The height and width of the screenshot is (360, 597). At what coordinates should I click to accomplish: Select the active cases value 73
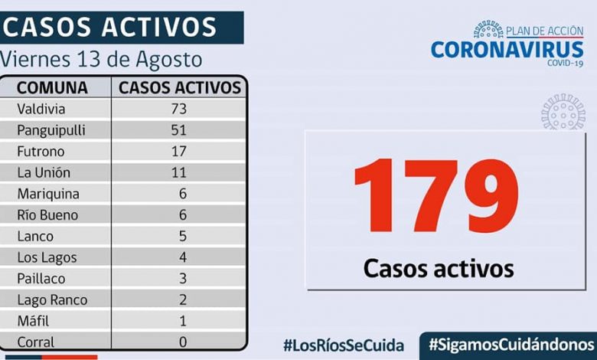pos(179,109)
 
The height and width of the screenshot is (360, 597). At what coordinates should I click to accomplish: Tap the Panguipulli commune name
pos(51,130)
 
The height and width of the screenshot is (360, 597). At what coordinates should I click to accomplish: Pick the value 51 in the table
pos(179,130)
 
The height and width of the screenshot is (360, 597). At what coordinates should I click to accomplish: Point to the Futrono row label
pos(40,152)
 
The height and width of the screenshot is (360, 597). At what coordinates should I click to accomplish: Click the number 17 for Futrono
pos(179,152)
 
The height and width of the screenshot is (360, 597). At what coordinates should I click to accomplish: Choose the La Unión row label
pos(42,173)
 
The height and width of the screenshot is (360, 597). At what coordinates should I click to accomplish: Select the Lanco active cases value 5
pos(181,236)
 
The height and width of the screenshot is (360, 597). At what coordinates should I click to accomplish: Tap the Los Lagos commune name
pos(47,257)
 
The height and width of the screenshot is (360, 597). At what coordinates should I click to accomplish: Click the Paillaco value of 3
pos(181,279)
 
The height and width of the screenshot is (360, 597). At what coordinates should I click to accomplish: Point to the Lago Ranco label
pos(52,300)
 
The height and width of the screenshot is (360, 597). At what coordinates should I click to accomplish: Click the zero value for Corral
pos(181,342)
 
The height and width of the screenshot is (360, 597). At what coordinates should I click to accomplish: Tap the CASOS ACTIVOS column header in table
pos(180,87)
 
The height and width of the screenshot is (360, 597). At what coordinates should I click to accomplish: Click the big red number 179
pos(437,198)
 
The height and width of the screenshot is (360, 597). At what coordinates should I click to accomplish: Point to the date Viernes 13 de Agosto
pos(101,59)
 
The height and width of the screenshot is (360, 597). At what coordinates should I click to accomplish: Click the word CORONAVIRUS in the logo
pos(507,49)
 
